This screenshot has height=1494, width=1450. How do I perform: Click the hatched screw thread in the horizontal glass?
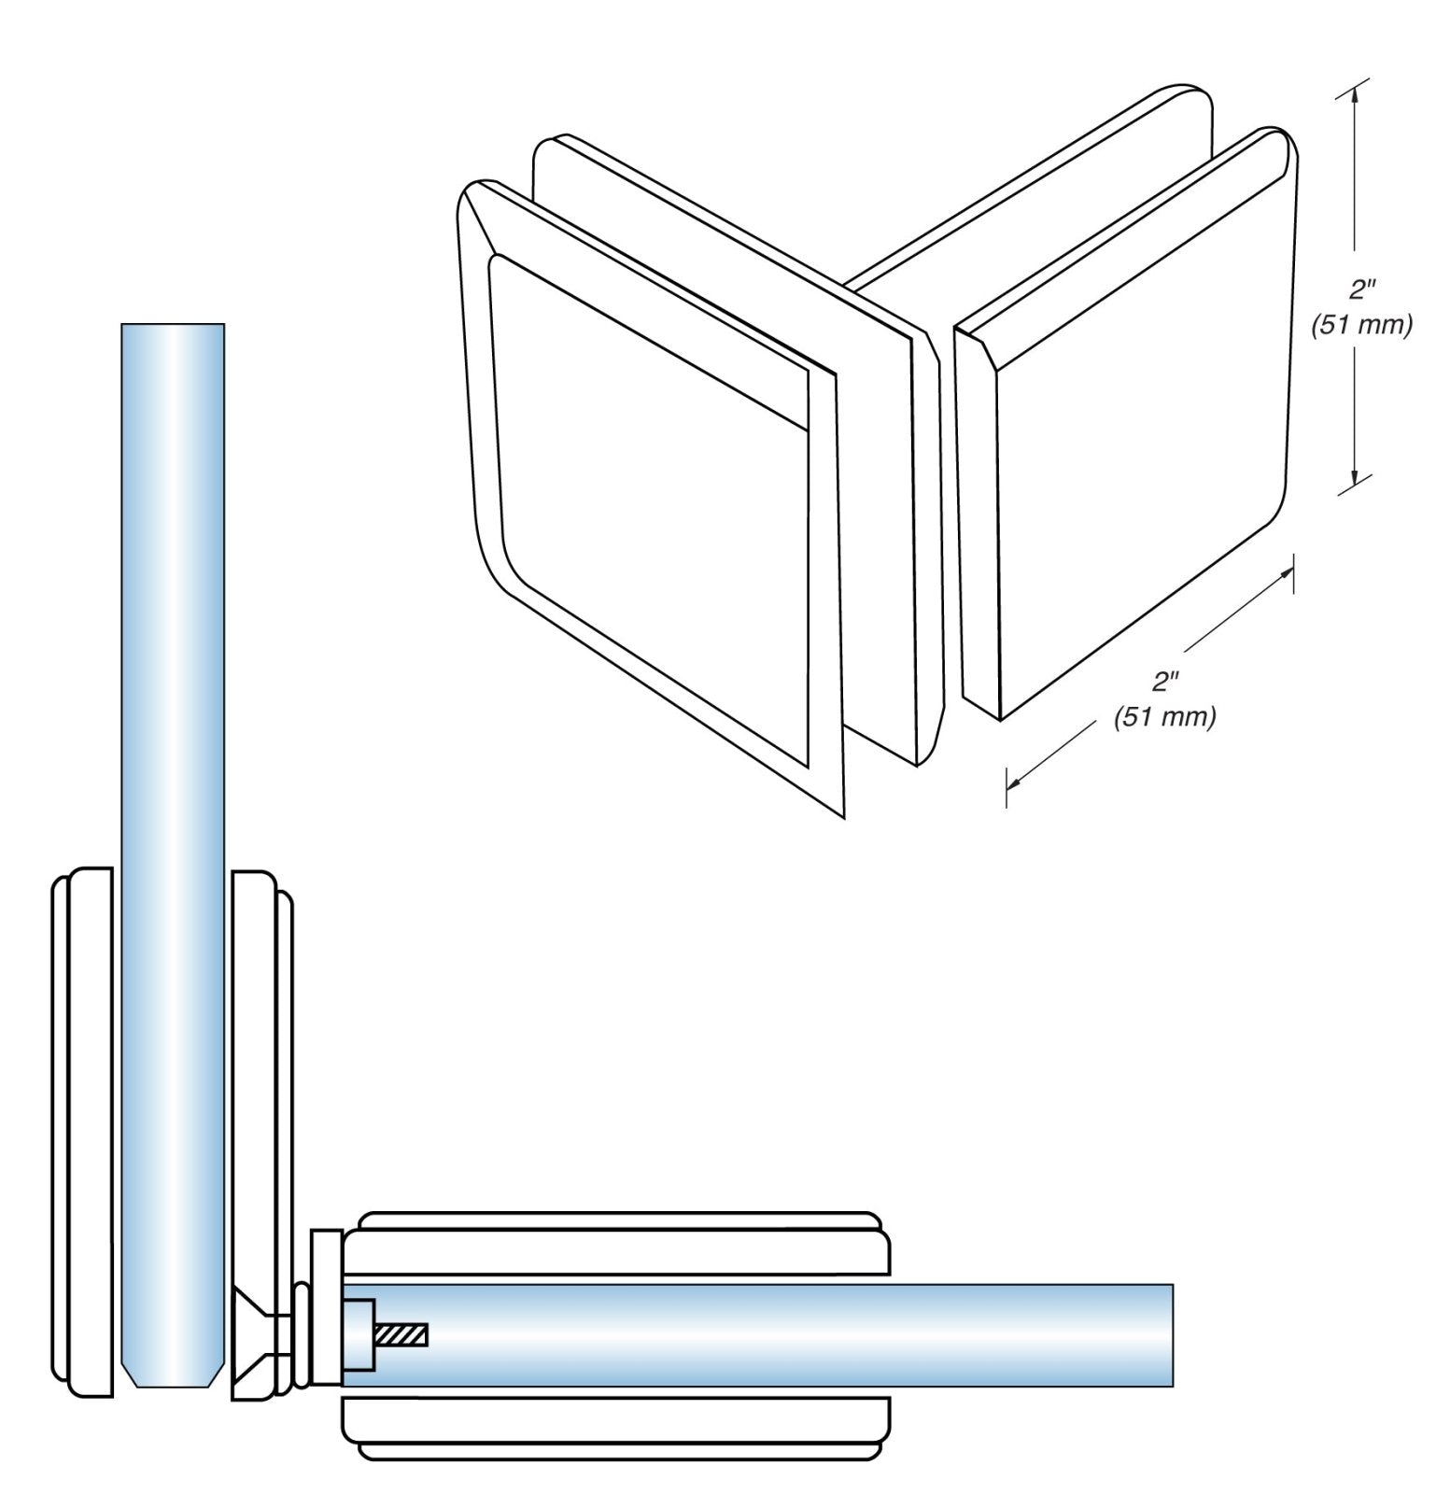(402, 1336)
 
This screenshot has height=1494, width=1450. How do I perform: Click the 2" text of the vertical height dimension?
(1361, 290)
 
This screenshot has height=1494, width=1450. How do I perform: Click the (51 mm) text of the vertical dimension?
(1360, 325)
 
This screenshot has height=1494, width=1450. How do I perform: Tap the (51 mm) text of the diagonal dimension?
(1164, 717)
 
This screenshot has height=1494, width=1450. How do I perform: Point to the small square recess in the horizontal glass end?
(359, 1335)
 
